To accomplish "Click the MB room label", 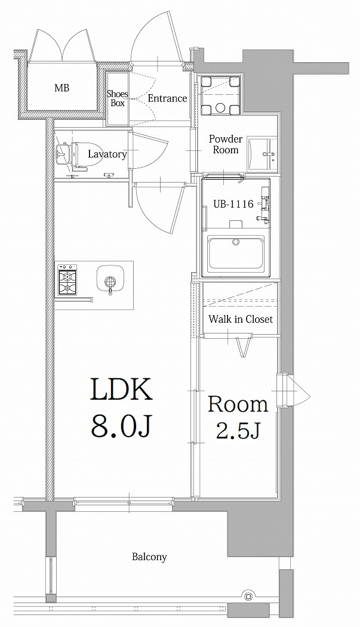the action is [61, 88].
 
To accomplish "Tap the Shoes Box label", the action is [118, 98].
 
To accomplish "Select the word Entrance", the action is [167, 98].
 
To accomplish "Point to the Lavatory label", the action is [107, 154].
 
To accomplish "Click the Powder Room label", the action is [226, 144].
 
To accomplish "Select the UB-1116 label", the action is [233, 204].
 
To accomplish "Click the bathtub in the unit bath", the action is [236, 254].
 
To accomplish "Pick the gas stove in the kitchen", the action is [67, 279].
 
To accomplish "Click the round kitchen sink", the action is [111, 279].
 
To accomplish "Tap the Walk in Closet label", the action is [241, 319].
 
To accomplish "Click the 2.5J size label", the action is [238, 430].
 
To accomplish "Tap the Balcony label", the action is [149, 557].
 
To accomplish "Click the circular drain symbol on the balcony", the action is [248, 595].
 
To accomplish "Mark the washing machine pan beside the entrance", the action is [220, 95].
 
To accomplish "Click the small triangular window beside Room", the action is [295, 390].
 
